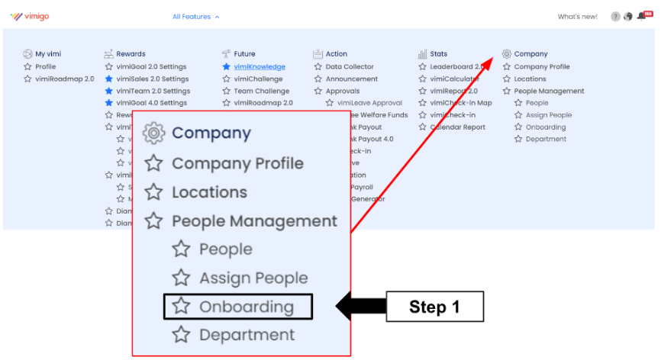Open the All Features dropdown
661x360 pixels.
196,17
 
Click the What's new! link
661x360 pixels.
577,17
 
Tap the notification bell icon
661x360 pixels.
641,17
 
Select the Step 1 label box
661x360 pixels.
434,307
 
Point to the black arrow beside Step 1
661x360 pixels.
360,307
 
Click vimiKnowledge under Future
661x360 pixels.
258,66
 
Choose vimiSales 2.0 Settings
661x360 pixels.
152,79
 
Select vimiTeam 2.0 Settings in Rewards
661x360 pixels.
153,91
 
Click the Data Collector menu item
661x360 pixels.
350,66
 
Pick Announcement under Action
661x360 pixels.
351,79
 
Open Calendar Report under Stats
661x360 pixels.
457,127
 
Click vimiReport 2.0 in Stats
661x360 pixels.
453,91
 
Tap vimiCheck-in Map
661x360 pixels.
460,103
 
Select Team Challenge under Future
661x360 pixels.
261,91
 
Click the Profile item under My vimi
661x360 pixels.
45,66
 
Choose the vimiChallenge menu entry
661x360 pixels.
258,79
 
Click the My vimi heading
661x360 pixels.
48,54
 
